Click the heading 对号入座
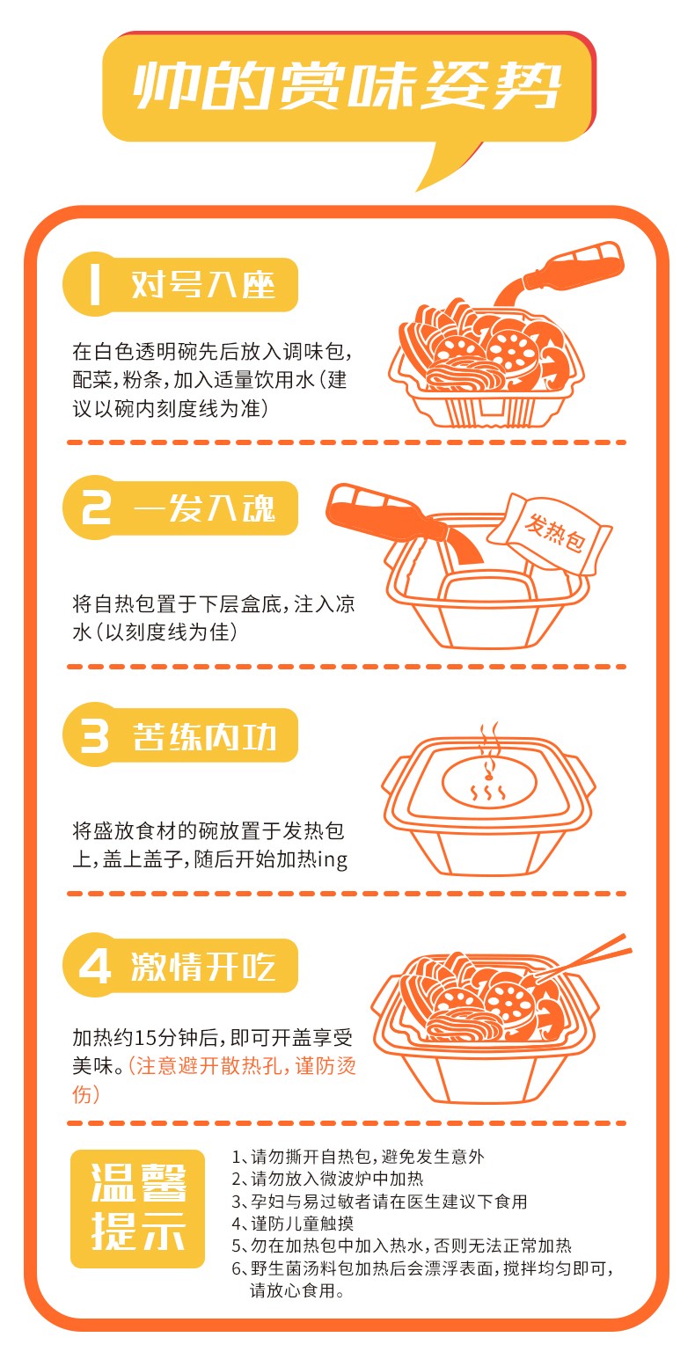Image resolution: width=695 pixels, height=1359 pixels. coord(202,284)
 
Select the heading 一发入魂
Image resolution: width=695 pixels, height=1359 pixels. coord(204,508)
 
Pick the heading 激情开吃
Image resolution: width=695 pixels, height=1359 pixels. coord(203,966)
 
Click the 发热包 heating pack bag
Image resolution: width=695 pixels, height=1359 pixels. coord(549,533)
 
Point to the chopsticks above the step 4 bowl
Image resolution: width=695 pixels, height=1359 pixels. coord(582,959)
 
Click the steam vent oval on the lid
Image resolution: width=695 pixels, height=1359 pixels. coord(489,783)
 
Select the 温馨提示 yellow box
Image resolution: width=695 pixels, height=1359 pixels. coord(138,1209)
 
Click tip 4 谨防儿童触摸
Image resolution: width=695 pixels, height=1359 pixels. coord(293,1223)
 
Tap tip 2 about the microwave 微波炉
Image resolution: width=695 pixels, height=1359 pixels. coord(328,1179)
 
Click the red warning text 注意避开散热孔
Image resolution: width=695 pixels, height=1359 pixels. coord(209,1065)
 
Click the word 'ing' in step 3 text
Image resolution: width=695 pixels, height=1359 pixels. coord(333,859)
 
